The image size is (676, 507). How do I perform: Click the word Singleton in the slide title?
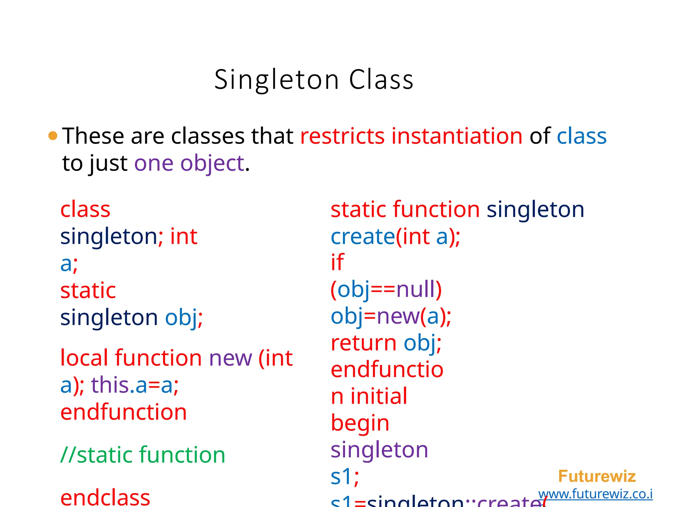click(277, 80)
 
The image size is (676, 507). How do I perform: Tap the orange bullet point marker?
click(53, 136)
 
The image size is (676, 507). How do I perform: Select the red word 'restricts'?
click(342, 136)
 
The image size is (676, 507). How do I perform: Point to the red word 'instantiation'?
click(457, 136)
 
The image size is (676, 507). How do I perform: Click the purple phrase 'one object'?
click(189, 163)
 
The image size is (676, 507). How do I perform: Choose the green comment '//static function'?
click(143, 455)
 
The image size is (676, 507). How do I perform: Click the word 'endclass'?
click(105, 498)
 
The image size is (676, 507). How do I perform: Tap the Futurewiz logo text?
click(597, 476)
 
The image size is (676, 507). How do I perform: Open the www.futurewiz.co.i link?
click(595, 494)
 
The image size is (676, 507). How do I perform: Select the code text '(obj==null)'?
click(386, 289)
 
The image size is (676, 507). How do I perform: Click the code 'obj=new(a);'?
click(391, 316)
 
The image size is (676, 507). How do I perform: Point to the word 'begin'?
click(360, 423)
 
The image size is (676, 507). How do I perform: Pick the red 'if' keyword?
click(337, 262)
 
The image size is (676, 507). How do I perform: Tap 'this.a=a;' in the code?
click(135, 385)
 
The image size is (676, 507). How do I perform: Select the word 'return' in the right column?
click(363, 343)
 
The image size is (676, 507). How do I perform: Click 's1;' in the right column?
click(345, 477)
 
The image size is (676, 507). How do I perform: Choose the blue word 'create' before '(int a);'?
click(362, 237)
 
